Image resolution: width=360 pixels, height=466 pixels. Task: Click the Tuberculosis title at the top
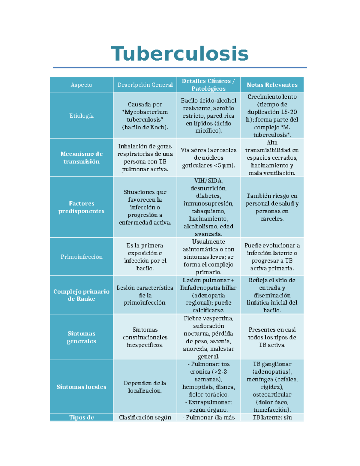(x=180, y=54)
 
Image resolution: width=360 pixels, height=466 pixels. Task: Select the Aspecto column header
(x=81, y=85)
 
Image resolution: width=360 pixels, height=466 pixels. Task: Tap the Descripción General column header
(x=145, y=85)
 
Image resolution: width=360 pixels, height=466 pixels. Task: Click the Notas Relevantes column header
(x=272, y=85)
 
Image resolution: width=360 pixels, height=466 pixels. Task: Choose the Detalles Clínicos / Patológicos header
(x=208, y=85)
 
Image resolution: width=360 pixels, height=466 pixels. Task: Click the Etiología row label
(x=81, y=116)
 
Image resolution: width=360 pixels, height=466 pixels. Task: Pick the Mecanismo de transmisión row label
(x=81, y=158)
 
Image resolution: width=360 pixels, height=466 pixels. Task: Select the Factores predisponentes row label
(x=81, y=207)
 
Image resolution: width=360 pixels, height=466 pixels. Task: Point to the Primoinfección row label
(x=81, y=257)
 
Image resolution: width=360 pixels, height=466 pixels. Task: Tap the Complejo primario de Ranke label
(x=81, y=295)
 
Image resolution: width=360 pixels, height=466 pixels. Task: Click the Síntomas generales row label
(x=81, y=337)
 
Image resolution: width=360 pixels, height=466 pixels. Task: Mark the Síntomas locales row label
(x=81, y=387)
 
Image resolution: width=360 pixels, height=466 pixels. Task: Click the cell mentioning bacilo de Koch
(x=145, y=116)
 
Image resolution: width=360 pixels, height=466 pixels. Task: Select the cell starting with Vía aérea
(x=208, y=158)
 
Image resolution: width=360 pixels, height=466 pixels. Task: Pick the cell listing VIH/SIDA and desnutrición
(x=208, y=207)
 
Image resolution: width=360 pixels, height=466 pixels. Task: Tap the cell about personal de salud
(x=272, y=207)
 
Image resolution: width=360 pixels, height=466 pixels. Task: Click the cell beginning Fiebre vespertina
(x=208, y=337)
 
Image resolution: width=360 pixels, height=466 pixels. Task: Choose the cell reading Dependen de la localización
(x=145, y=387)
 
